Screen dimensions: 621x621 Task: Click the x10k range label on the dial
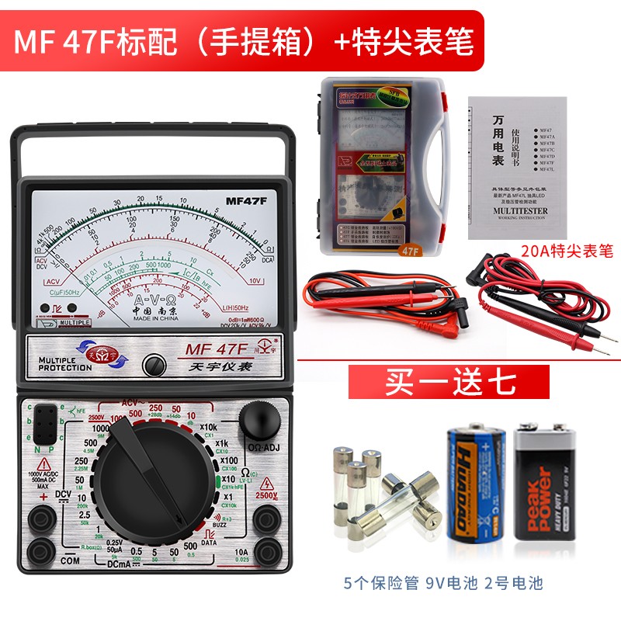pos(209,427)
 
